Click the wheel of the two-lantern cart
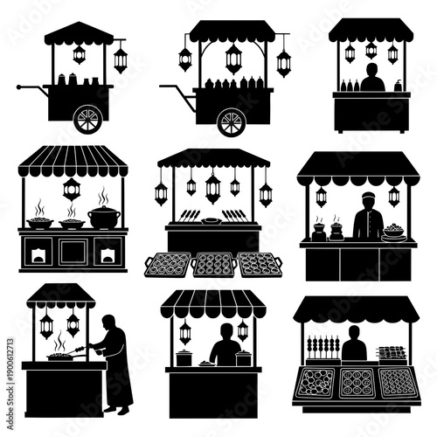[88, 118]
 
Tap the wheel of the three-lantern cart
[232, 121]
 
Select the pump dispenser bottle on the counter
[399, 85]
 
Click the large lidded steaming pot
[104, 217]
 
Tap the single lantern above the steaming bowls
[72, 189]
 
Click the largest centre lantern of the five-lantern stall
[212, 186]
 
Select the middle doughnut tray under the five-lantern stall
[212, 263]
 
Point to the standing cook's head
[108, 322]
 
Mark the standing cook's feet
[120, 409]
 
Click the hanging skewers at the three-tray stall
[322, 345]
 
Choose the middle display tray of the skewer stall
[357, 382]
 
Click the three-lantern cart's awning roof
[232, 32]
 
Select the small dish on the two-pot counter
[205, 363]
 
